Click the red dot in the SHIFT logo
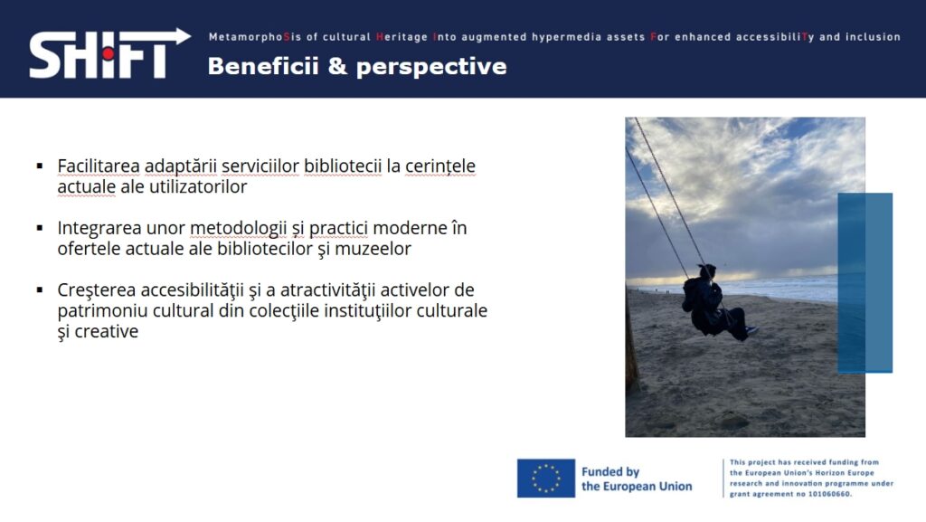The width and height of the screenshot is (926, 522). tap(108, 53)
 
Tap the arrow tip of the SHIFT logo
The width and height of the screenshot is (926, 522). tap(190, 36)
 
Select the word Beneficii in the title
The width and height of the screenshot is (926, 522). tap(263, 66)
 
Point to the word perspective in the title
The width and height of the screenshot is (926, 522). tap(431, 67)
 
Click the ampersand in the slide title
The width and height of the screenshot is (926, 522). tap(337, 66)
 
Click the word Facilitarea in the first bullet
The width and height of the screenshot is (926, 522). tap(99, 166)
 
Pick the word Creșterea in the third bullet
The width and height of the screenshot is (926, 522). tap(96, 290)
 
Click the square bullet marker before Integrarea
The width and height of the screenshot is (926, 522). tap(40, 228)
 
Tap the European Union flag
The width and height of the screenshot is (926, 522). tap(545, 478)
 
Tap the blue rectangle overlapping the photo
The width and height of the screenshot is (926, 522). tap(865, 283)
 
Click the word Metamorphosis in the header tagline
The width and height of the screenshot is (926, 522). tap(255, 36)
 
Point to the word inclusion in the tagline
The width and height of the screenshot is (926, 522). tap(873, 36)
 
